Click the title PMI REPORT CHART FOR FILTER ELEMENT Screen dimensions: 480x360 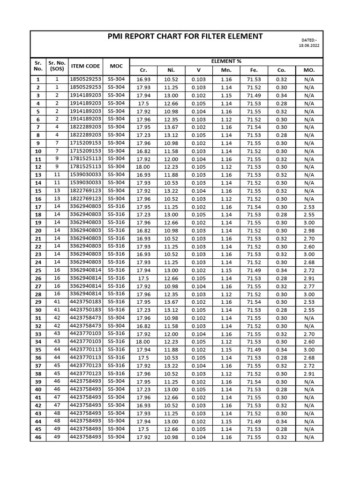[185, 37]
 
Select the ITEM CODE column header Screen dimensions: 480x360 [85, 66]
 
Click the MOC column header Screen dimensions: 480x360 [116, 66]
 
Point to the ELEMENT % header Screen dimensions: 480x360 [226, 61]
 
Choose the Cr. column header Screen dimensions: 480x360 [143, 70]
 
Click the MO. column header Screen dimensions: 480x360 [309, 70]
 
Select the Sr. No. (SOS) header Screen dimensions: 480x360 [57, 66]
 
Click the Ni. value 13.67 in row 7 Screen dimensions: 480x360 [171, 127]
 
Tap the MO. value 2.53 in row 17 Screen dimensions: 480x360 [309, 207]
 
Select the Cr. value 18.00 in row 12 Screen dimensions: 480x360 [143, 167]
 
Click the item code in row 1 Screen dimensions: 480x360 [85, 79]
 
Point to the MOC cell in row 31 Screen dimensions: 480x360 [116, 318]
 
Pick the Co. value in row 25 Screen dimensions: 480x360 [281, 270]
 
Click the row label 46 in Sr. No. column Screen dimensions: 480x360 [38, 437]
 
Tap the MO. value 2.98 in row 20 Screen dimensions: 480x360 [309, 231]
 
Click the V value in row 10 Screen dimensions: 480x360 [198, 151]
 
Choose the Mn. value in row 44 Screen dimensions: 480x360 [226, 421]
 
